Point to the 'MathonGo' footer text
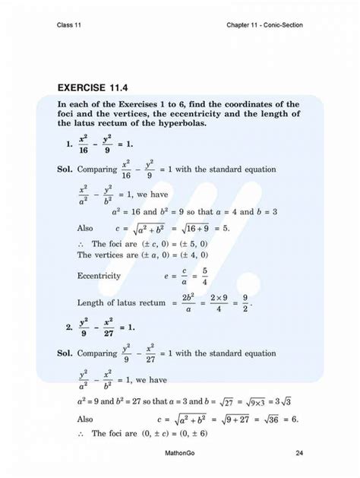(180, 454)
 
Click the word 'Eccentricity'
(99, 276)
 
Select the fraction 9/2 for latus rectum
(245, 303)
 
